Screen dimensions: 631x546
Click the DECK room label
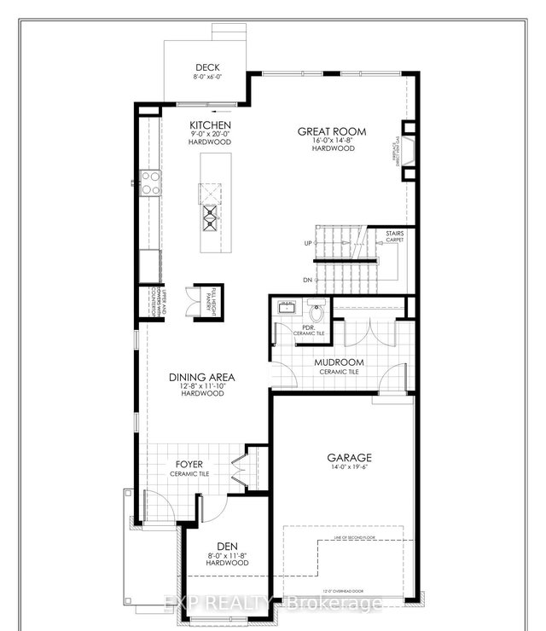(207, 67)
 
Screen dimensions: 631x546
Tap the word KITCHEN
(211, 124)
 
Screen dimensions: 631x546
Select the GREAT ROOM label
(332, 131)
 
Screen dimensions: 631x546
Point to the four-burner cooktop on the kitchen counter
(151, 180)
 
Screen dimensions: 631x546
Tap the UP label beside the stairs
(307, 243)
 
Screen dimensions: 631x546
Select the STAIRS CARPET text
(393, 237)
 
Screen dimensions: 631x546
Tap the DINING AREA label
(201, 376)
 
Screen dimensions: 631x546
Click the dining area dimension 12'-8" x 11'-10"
(201, 386)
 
